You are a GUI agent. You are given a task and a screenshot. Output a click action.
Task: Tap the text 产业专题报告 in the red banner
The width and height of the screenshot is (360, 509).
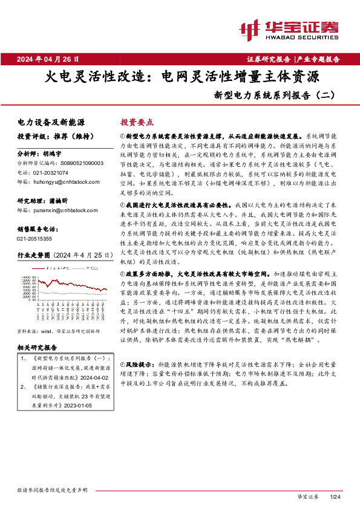319,59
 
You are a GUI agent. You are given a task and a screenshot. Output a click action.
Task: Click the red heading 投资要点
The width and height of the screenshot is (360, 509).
137,122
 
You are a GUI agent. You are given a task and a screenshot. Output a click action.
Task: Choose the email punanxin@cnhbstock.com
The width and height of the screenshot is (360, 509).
62,210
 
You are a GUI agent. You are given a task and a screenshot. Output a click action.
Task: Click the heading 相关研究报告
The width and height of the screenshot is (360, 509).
37,348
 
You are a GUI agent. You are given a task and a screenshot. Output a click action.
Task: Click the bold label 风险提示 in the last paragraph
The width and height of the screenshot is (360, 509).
136,366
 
